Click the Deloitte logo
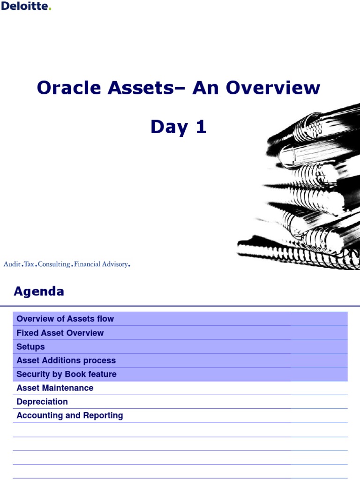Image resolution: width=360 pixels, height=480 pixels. point(26,6)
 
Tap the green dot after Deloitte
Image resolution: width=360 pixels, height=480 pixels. point(50,9)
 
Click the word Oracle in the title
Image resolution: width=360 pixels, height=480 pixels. point(69,88)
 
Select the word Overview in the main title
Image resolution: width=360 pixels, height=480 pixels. point(273,88)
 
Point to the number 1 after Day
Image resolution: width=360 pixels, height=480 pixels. point(201,127)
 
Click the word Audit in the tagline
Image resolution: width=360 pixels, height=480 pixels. point(12,264)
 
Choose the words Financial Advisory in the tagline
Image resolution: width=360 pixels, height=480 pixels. point(101,264)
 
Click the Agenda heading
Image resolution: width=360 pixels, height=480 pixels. point(39,292)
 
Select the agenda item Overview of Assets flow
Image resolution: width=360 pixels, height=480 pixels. point(65,319)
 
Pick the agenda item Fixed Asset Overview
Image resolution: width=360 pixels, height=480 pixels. point(60,333)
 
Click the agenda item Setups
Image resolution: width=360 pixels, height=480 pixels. point(30,347)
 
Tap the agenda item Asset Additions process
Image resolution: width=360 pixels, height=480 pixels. point(66,360)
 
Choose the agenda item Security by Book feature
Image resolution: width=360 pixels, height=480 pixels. point(67,374)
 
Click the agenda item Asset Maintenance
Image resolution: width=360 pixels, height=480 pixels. point(55,388)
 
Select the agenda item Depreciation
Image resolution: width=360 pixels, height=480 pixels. point(42,402)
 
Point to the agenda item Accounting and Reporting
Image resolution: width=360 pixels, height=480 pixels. point(70,415)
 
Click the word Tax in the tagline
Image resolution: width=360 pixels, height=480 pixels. point(29,264)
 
